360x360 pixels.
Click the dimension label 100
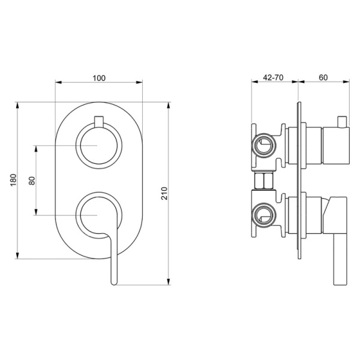pos(99,77)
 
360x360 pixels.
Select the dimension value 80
pos(32,179)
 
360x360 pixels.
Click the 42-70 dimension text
pos(274,77)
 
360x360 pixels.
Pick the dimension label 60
pos(323,77)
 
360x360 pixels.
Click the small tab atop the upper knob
pos(99,118)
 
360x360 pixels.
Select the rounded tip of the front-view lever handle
pos(113,281)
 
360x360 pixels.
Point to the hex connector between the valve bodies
pos(264,179)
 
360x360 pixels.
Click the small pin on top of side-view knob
pos(343,122)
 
